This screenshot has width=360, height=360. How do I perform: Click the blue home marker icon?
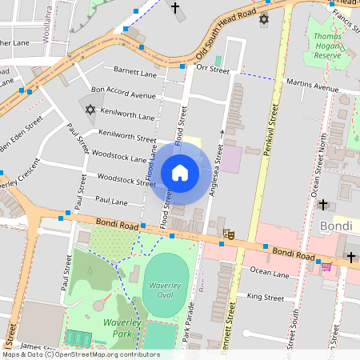180,172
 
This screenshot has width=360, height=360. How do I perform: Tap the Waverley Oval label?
168,290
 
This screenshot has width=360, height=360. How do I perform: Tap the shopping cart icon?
325,265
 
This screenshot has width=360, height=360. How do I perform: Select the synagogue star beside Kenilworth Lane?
90,110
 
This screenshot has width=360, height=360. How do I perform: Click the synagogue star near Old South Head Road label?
264,18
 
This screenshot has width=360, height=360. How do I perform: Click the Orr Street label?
213,70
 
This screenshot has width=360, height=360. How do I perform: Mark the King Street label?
266,298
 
